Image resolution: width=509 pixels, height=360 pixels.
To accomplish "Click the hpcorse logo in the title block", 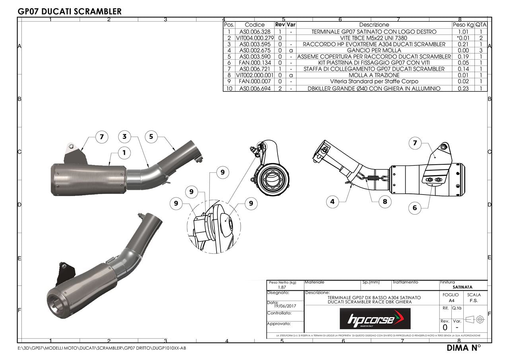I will tap(375, 319).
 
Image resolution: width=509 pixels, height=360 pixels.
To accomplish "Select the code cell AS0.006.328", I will tap(254, 32).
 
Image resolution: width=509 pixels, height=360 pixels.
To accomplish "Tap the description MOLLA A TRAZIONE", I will tap(374, 75).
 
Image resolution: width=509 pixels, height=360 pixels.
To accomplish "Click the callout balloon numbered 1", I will tap(124, 152).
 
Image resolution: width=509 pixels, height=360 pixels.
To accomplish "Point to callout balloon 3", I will tap(124, 136).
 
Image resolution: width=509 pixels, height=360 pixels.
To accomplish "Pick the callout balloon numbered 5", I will tap(151, 136).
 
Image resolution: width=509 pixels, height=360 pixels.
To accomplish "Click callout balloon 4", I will tap(332, 202).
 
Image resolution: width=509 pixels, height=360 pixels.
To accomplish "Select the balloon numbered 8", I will tap(385, 202).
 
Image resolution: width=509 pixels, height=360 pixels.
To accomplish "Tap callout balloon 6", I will tap(415, 208).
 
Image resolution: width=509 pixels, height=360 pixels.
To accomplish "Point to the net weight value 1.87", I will tap(282, 287).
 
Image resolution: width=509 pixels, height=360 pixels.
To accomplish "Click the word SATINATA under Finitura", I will tap(462, 287).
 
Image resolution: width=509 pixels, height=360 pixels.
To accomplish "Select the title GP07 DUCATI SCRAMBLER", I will tap(70, 12).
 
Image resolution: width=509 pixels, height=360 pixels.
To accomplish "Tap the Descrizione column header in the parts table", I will tap(374, 25).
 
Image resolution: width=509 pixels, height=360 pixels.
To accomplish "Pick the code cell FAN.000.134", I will tap(254, 63).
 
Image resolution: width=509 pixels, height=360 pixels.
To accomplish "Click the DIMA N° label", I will tap(464, 348).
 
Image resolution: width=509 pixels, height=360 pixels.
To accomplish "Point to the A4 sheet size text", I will tap(451, 301).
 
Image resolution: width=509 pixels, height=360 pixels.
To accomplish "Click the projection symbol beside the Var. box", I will tap(476, 319).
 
